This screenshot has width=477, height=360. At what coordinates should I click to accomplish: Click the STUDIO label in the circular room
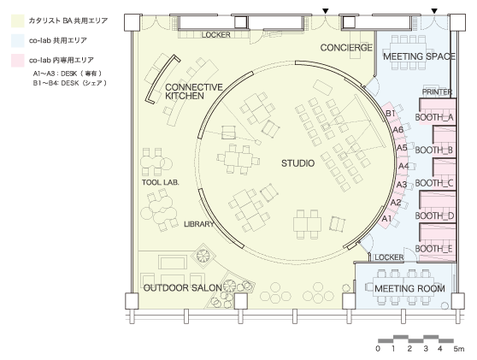[x=297, y=163]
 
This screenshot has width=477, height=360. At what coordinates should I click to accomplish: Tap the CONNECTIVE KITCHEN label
[x=194, y=91]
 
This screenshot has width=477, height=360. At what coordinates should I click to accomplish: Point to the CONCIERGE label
[x=346, y=48]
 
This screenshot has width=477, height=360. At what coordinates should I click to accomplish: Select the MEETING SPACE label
[x=419, y=56]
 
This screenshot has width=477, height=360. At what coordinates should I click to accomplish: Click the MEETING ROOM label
[x=409, y=288]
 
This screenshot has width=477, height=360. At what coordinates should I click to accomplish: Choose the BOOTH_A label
[x=434, y=117]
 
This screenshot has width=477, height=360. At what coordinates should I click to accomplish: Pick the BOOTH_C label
[x=434, y=183]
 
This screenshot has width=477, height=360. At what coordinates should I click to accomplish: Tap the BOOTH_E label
[x=433, y=249]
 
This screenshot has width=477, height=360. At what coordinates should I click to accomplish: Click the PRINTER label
[x=437, y=91]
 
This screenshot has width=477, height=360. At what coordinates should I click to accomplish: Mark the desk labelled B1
[x=391, y=114]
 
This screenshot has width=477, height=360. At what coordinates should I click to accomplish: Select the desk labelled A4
[x=403, y=166]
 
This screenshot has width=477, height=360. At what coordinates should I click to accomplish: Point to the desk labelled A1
[x=386, y=219]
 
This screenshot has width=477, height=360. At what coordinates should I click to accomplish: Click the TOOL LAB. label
[x=161, y=183]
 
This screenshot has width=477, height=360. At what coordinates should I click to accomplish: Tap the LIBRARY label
[x=199, y=224]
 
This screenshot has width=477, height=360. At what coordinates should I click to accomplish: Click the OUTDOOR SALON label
[x=183, y=288]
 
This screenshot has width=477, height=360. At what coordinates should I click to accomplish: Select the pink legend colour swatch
[x=18, y=61]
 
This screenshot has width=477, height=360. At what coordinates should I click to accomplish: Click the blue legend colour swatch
[x=18, y=41]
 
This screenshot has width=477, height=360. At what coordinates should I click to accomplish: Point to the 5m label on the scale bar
[x=459, y=349]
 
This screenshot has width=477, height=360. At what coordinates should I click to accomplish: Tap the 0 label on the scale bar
[x=378, y=349]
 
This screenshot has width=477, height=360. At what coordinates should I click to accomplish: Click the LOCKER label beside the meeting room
[x=389, y=257]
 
